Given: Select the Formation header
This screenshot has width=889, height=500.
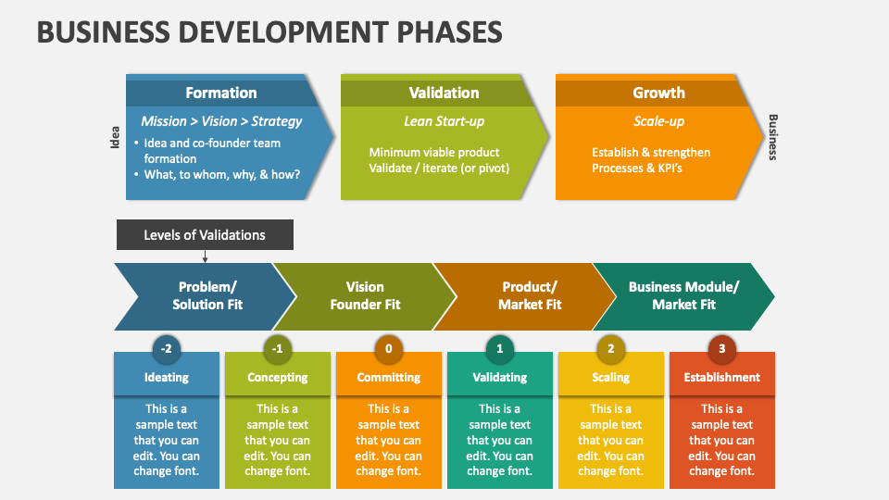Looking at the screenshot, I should pyautogui.click(x=220, y=93).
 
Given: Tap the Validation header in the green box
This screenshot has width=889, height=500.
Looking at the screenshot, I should pyautogui.click(x=444, y=93).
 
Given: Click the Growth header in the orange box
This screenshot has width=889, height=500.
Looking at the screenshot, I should pyautogui.click(x=658, y=93).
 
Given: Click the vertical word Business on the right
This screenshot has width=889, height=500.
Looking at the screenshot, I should pyautogui.click(x=773, y=138).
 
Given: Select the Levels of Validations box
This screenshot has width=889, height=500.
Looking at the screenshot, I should pyautogui.click(x=205, y=235).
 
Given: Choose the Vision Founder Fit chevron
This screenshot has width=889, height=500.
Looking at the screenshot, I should pyautogui.click(x=365, y=295).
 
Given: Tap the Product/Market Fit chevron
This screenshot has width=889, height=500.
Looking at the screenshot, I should pyautogui.click(x=529, y=295).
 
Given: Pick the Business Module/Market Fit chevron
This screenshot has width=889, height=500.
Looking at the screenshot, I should pyautogui.click(x=683, y=295).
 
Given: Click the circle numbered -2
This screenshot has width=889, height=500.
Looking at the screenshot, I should pyautogui.click(x=166, y=349).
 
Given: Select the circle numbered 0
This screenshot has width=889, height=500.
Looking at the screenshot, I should pyautogui.click(x=388, y=349).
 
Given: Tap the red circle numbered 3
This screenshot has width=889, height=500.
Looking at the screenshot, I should pyautogui.click(x=721, y=349).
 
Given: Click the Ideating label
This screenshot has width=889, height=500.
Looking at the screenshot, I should pyautogui.click(x=167, y=377).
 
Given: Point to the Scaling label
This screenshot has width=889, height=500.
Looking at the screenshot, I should pyautogui.click(x=610, y=377).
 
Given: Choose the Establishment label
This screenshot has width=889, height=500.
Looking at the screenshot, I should pyautogui.click(x=721, y=377).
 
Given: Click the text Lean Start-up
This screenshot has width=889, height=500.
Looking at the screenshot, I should pyautogui.click(x=444, y=121).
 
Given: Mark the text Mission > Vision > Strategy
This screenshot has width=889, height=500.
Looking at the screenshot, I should pyautogui.click(x=221, y=121).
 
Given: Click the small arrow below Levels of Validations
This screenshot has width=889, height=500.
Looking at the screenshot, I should pyautogui.click(x=205, y=257).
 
